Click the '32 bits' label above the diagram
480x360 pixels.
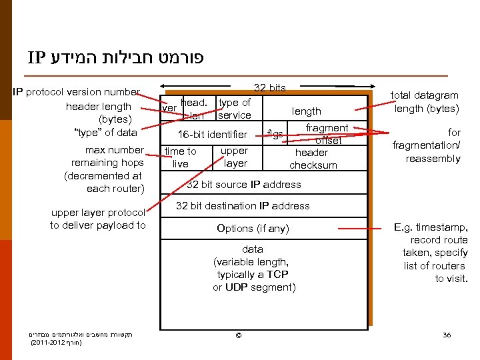click(270, 88)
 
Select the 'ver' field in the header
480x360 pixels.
click(170, 107)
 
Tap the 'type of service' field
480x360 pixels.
click(235, 109)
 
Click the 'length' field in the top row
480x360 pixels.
click(306, 111)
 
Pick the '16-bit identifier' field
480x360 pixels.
click(207, 135)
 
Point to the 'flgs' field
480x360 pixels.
click(274, 134)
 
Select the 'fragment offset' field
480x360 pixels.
click(327, 134)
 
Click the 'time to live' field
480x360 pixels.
click(181, 157)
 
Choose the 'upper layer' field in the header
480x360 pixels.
click(235, 157)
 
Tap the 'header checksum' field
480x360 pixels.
click(313, 159)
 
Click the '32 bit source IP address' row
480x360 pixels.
click(243, 184)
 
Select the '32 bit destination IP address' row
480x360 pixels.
click(243, 206)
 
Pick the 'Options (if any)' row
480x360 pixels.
click(253, 229)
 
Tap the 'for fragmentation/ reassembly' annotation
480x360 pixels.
click(427, 145)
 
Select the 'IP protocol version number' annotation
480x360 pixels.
click(76, 92)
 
